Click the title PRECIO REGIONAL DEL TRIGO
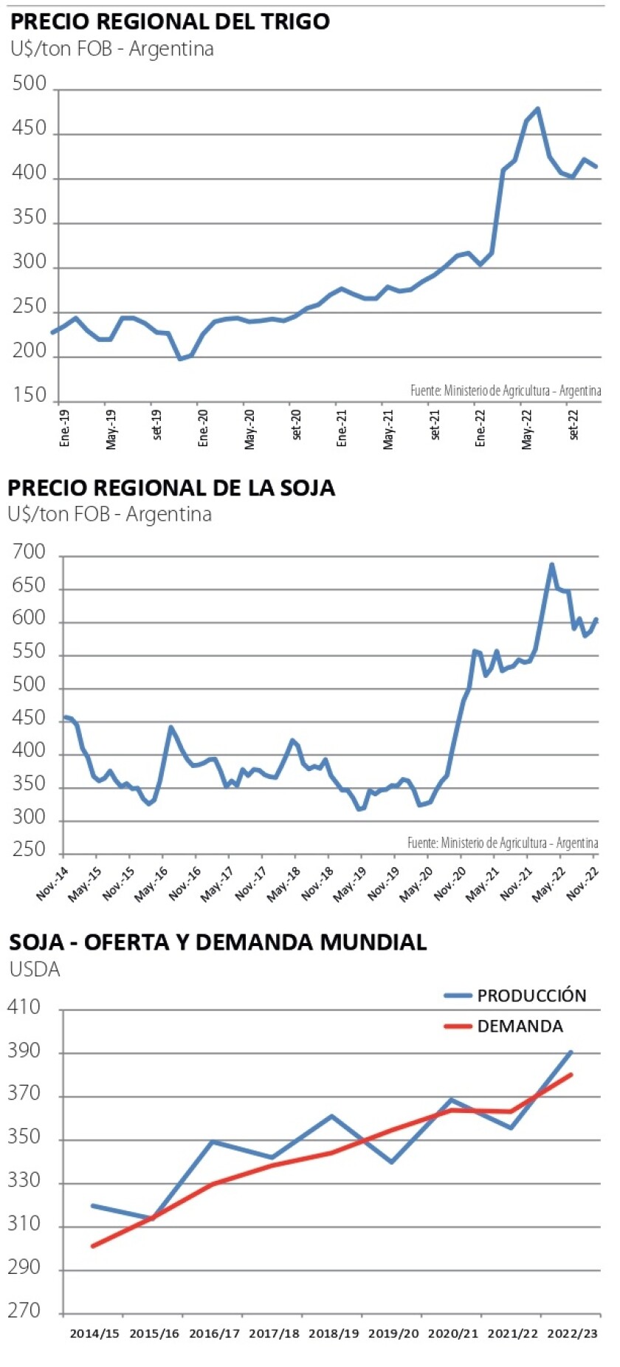(x=170, y=21)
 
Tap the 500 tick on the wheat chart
(x=30, y=83)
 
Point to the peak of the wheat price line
(x=537, y=109)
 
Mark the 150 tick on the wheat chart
(x=30, y=395)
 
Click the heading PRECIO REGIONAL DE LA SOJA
(x=171, y=488)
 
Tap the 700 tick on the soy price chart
(x=30, y=552)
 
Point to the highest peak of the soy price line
(x=551, y=565)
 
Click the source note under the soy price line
(x=503, y=843)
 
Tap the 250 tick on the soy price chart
(x=30, y=850)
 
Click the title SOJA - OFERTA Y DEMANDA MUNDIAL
(x=218, y=942)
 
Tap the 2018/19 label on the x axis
(x=334, y=1334)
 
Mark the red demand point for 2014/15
(x=93, y=1246)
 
